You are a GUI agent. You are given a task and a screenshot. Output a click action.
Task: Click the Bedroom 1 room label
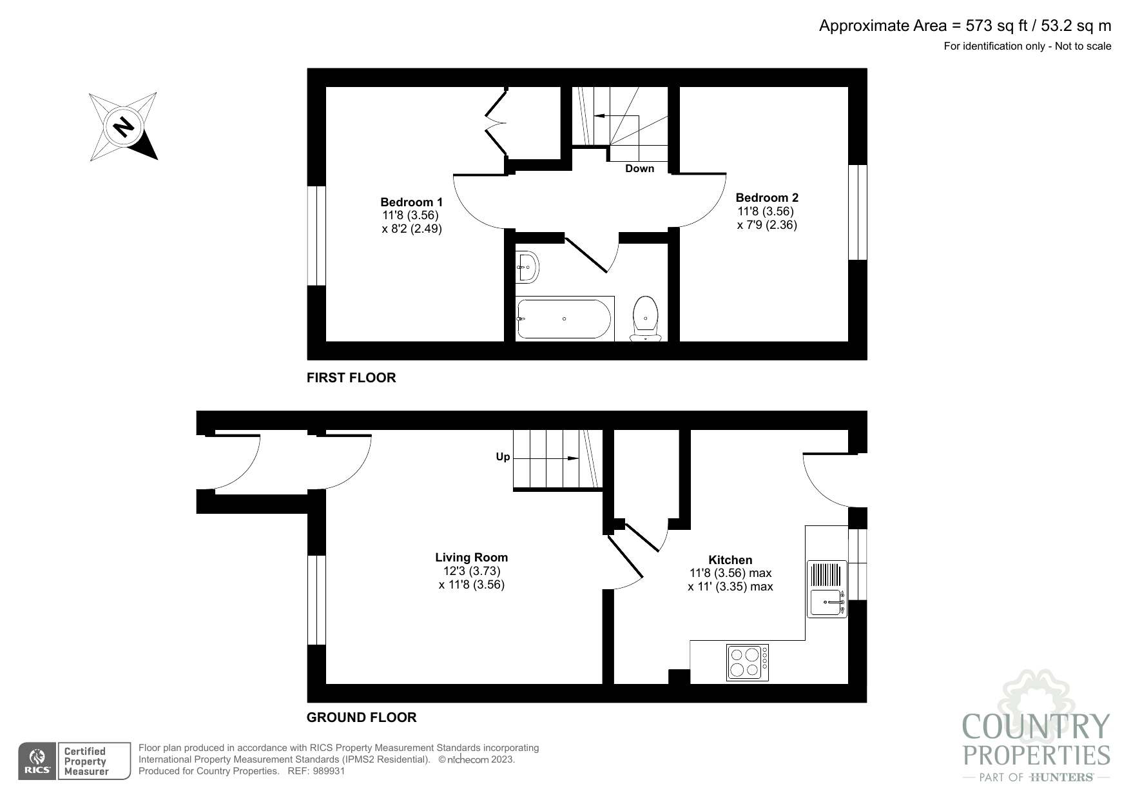point(411,202)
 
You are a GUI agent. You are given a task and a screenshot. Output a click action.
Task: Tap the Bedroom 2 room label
point(767,198)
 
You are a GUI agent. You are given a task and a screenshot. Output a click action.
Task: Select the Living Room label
point(471,558)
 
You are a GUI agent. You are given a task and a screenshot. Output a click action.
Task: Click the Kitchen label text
point(730,560)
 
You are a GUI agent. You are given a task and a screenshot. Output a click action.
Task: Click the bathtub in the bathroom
point(564,318)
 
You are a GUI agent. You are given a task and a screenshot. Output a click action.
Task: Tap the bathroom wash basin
point(528,266)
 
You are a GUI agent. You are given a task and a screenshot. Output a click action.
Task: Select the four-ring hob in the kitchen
point(747,662)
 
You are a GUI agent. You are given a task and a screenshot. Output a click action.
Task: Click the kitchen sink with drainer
point(827,589)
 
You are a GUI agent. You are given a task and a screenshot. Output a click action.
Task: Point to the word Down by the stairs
point(639,169)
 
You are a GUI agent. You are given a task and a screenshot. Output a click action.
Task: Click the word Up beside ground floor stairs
point(503,457)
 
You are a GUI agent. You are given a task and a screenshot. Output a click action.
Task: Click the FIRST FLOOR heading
point(351,378)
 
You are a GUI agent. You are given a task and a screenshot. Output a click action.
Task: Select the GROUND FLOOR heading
point(362,717)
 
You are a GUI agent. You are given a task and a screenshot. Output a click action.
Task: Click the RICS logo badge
point(37,761)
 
